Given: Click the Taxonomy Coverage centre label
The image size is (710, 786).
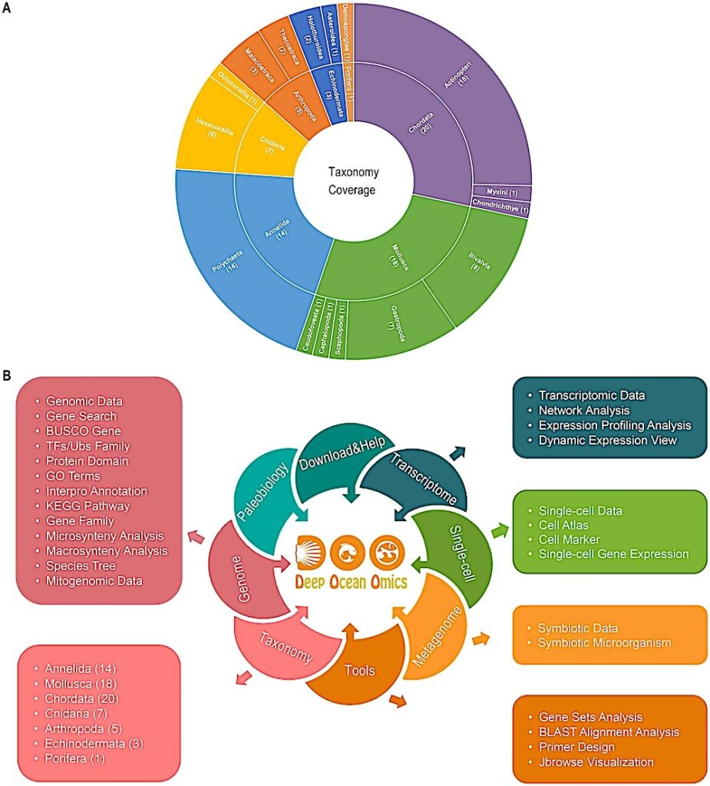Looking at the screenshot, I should point(354,181).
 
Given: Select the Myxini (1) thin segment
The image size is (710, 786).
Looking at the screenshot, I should point(501,192).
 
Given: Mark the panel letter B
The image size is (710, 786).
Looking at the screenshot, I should point(7,376).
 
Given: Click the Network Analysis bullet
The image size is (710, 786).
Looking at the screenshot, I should point(584,410).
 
